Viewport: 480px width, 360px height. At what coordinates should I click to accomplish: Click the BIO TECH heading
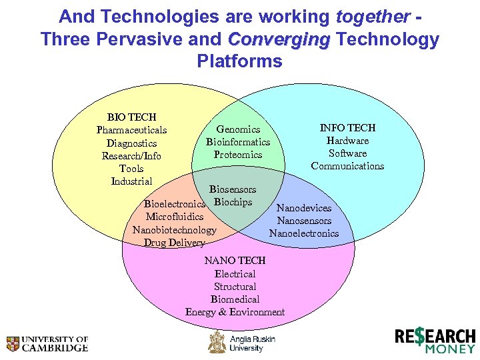click(132, 117)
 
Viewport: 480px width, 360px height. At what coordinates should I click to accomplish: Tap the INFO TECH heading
click(347, 127)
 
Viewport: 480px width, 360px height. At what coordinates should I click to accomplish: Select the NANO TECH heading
click(235, 261)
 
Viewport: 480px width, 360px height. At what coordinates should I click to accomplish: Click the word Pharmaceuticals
click(131, 130)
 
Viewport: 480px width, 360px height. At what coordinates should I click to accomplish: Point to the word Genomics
click(238, 129)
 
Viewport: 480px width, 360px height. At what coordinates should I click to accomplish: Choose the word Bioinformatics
click(238, 142)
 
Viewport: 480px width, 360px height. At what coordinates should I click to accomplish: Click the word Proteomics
click(238, 155)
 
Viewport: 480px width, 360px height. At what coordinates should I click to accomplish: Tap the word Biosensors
click(233, 189)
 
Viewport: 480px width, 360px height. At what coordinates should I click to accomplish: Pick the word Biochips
click(233, 202)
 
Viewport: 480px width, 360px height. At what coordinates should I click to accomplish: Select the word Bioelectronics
click(175, 204)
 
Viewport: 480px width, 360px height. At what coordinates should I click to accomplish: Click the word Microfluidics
click(175, 217)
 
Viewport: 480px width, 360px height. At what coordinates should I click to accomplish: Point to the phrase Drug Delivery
click(175, 243)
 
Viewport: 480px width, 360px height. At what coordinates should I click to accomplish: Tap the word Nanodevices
click(304, 208)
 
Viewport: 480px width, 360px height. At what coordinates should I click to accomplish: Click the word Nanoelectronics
click(304, 233)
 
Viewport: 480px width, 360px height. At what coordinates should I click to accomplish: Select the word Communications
click(347, 166)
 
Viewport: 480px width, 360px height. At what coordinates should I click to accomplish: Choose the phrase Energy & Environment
click(235, 312)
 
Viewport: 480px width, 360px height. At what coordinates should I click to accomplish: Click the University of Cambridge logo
click(47, 343)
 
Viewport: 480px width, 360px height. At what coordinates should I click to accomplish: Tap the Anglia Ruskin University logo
click(241, 343)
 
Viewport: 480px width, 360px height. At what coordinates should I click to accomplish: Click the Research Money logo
click(435, 340)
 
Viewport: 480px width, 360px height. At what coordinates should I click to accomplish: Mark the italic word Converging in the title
click(279, 39)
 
